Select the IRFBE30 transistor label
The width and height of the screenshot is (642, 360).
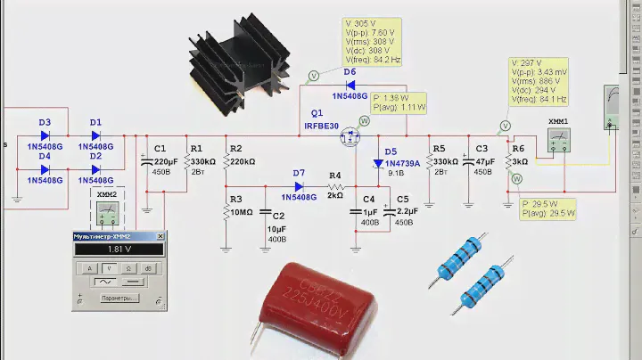click(321, 126)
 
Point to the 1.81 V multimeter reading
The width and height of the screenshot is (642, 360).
click(119, 250)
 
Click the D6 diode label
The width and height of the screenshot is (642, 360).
click(350, 71)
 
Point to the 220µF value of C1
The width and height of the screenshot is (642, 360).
click(166, 161)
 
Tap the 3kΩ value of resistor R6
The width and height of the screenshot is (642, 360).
click(519, 161)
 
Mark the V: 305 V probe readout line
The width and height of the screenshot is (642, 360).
click(368, 22)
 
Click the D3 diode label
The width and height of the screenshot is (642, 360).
click(45, 122)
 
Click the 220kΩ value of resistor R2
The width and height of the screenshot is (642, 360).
click(243, 161)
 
